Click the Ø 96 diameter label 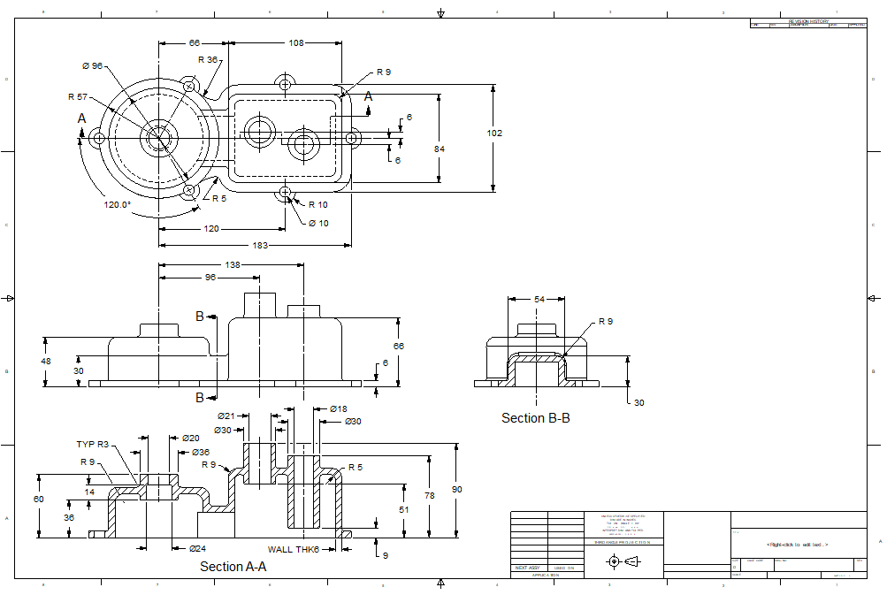[x=93, y=66]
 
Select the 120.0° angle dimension [x=118, y=204]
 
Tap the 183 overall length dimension [x=260, y=245]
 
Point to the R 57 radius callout [x=78, y=97]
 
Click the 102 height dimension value [x=494, y=133]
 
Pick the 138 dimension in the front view [x=233, y=264]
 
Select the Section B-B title [x=535, y=417]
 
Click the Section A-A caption [x=233, y=567]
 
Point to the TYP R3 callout [x=92, y=445]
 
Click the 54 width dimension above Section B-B [x=539, y=300]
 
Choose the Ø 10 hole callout [x=318, y=223]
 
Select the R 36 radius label [x=208, y=60]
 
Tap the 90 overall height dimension [x=456, y=489]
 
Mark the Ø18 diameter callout [x=338, y=409]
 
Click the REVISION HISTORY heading [x=808, y=20]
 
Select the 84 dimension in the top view [x=440, y=149]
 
